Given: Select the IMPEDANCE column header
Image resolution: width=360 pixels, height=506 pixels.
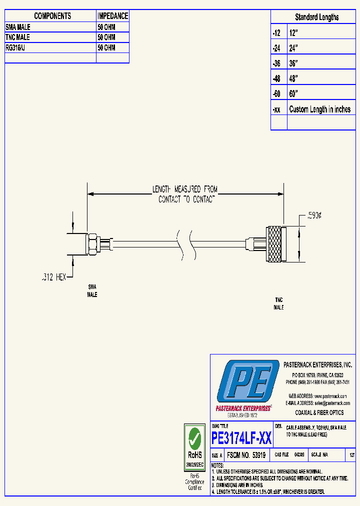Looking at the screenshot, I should (112, 16).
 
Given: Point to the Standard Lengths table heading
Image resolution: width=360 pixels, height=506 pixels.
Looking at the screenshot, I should (316, 17).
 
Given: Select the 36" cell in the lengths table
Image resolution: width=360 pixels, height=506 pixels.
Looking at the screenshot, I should (293, 64).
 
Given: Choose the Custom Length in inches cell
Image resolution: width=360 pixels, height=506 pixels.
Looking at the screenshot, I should (319, 109).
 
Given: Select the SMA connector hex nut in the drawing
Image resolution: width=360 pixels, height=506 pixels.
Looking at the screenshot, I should (93, 244).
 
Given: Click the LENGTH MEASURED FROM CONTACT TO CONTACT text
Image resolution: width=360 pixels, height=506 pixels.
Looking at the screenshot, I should (185, 194).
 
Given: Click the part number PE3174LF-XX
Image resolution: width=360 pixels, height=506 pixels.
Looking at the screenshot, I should (241, 438).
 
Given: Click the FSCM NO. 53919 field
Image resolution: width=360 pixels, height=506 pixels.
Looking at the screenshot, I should (245, 455).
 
